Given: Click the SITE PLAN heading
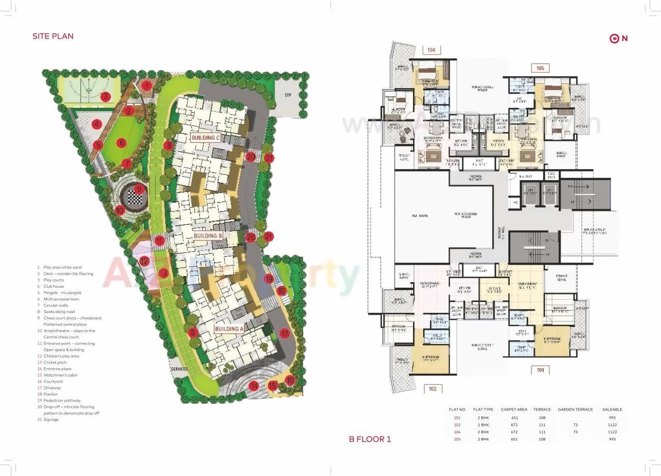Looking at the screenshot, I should click(53, 36).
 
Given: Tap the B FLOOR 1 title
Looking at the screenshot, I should click(370, 439).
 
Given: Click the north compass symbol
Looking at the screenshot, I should click(618, 38).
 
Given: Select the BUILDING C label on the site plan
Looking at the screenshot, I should click(206, 138).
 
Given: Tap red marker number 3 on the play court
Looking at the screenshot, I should click(105, 96).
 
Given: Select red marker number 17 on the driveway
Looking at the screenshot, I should click(284, 334).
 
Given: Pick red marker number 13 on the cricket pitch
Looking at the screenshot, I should click(164, 273).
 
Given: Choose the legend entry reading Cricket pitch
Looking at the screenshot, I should click(55, 363).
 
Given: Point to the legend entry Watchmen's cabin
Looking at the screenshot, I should click(60, 375).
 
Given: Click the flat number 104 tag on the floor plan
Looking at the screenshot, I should click(431, 50).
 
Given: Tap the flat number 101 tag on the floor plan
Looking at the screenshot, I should click(540, 370).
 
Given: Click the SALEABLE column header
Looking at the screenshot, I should click(612, 409).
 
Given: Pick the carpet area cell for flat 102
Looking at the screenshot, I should click(514, 424).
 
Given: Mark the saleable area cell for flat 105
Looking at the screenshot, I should click(612, 439).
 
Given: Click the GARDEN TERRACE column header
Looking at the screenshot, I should click(575, 409).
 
